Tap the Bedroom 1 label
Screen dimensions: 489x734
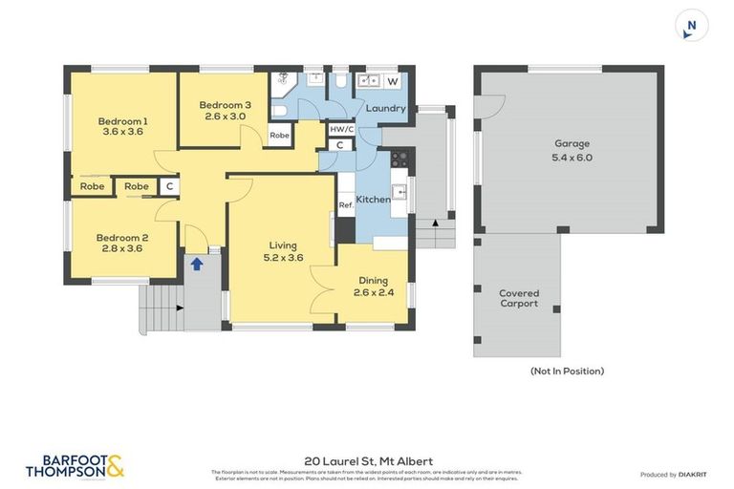click(x=122, y=121)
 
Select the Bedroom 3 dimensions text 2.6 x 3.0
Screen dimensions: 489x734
click(x=226, y=117)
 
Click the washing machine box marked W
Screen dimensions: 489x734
click(x=392, y=82)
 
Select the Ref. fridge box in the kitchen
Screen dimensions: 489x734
click(x=346, y=205)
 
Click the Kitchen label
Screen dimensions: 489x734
click(x=373, y=200)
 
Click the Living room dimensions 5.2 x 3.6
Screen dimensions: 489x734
click(x=283, y=257)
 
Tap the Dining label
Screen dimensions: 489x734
click(x=373, y=280)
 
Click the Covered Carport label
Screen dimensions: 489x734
click(x=518, y=298)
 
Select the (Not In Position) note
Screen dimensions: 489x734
click(x=567, y=371)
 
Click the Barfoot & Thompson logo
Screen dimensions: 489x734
click(x=75, y=466)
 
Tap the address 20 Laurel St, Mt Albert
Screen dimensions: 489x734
click(x=367, y=460)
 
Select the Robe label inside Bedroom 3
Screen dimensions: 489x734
click(x=279, y=136)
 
